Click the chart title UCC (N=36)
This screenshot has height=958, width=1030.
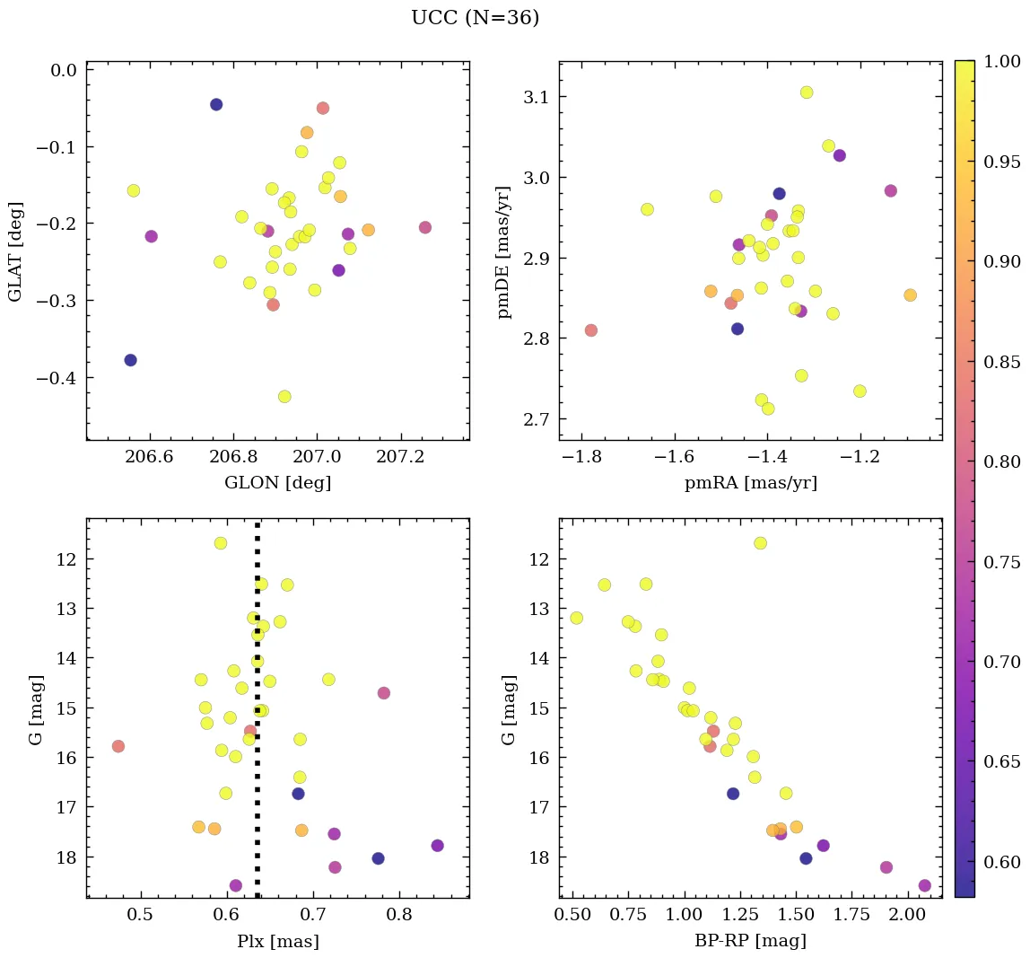pyautogui.click(x=475, y=18)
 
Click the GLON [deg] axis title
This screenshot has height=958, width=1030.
pyautogui.click(x=277, y=483)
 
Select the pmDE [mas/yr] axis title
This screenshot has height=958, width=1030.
pyautogui.click(x=504, y=252)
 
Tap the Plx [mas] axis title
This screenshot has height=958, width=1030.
pyautogui.click(x=277, y=941)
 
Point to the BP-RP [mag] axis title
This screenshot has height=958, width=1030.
pyautogui.click(x=750, y=941)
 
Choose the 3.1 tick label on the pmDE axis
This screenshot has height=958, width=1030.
pyautogui.click(x=535, y=97)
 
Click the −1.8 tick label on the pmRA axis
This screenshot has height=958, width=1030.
pyautogui.click(x=583, y=459)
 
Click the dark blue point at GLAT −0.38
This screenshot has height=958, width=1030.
pyautogui.click(x=130, y=360)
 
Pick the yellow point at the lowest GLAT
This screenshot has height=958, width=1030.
pyautogui.click(x=284, y=397)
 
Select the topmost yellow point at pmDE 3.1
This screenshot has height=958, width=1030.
pyautogui.click(x=807, y=92)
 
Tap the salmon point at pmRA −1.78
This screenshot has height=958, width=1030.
pyautogui.click(x=591, y=330)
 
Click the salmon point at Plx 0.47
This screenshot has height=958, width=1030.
pyautogui.click(x=118, y=746)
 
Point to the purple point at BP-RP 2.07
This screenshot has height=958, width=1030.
pyautogui.click(x=925, y=885)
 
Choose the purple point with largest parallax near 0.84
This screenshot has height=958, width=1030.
pyautogui.click(x=438, y=846)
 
